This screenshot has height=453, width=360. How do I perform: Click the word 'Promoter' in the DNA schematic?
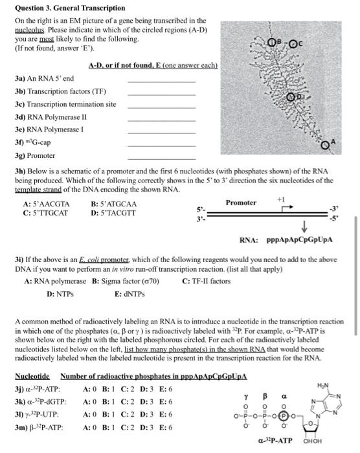tap(240, 203)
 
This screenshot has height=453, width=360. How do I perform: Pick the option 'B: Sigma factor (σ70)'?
tap(126, 262)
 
